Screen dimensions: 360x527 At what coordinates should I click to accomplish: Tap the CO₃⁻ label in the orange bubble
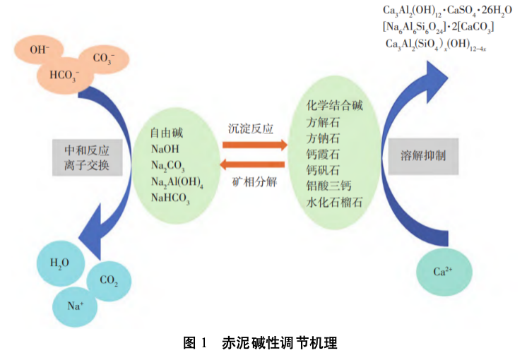[104, 59]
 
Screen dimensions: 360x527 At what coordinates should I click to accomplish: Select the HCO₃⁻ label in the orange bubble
[64, 73]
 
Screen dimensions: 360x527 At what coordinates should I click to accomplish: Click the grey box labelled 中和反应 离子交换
[88, 157]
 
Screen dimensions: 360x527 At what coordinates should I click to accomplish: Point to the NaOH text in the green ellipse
[166, 148]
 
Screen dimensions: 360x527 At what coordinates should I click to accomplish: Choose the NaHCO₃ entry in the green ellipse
[172, 198]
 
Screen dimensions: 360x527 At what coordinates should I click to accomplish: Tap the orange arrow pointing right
[254, 145]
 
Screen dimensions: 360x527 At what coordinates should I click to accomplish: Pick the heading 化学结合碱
[335, 106]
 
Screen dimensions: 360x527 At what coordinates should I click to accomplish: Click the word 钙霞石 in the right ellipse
[324, 155]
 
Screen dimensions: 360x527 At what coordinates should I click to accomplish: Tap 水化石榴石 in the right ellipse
[335, 203]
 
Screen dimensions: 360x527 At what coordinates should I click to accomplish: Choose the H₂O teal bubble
[59, 263]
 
